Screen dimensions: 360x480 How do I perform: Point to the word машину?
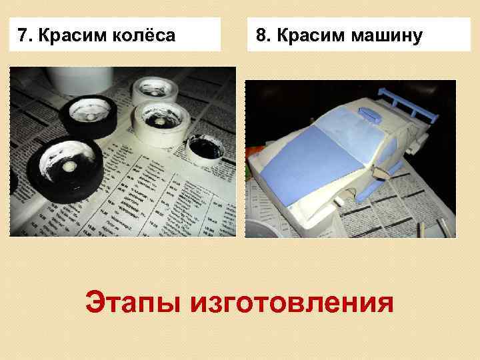click(x=383, y=35)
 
